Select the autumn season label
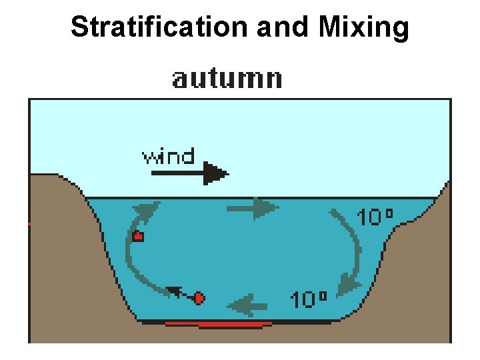tap(227, 79)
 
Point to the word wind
tap(168, 157)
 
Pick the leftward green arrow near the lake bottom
tap(249, 306)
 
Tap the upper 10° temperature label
tap(375, 217)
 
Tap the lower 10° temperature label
tap(308, 299)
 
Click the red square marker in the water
tap(138, 235)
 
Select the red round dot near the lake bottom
tap(199, 299)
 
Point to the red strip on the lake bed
tap(217, 325)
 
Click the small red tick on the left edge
tap(29, 224)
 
